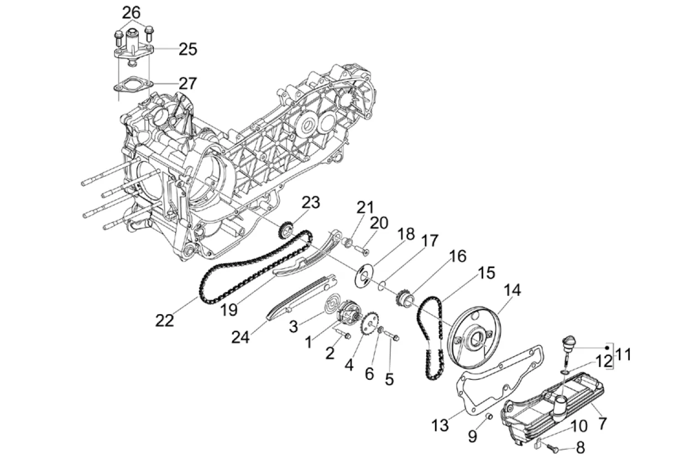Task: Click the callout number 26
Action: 131,13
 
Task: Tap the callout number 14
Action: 512,290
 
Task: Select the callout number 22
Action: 164,321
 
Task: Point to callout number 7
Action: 602,424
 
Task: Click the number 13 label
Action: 440,426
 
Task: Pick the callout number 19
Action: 229,310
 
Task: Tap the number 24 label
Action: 241,337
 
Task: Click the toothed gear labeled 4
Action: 370,323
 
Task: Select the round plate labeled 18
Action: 364,276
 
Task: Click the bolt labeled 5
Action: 391,336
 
